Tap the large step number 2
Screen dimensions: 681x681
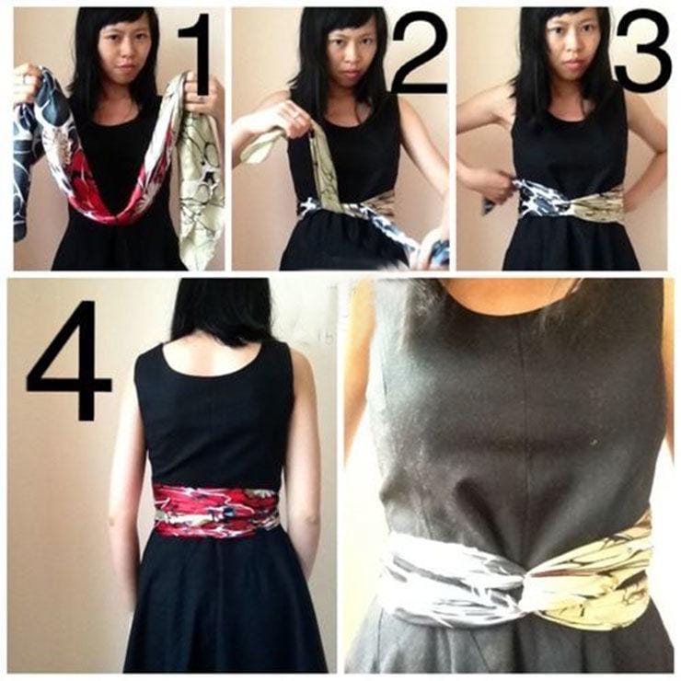click(419, 53)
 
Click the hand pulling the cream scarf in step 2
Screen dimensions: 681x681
click(294, 117)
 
